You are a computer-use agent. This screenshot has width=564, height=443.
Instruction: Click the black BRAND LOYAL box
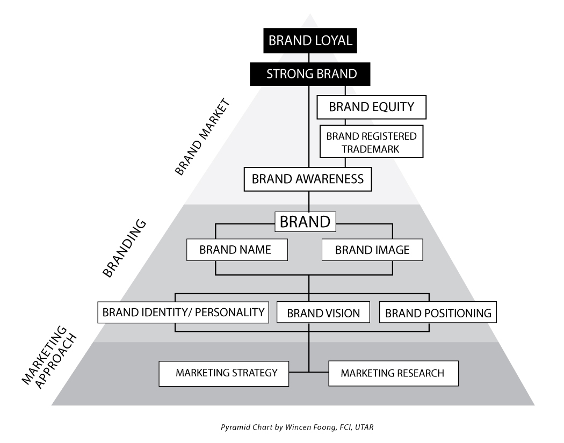(x=310, y=41)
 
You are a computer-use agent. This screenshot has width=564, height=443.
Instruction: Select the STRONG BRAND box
(x=311, y=74)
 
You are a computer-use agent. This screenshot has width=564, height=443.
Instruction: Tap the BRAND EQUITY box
(x=372, y=107)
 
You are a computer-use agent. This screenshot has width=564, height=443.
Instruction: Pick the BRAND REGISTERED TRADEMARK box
(x=371, y=142)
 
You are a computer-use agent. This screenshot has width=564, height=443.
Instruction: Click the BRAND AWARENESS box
(x=308, y=179)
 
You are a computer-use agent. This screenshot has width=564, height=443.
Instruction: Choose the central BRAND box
(x=305, y=221)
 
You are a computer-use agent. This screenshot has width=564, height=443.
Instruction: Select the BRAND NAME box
(x=235, y=250)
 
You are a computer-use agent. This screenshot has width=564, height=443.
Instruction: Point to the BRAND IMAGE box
(x=372, y=250)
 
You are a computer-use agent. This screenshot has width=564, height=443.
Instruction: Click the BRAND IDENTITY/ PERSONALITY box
(x=183, y=312)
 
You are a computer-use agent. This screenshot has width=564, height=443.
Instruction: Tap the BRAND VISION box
(x=323, y=313)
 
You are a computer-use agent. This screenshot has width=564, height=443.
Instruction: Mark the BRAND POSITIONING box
(x=438, y=313)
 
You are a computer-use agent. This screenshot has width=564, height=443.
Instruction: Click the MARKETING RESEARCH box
(x=393, y=373)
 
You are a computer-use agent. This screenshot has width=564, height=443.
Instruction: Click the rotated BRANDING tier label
(x=124, y=247)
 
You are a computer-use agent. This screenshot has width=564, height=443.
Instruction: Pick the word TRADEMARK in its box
(x=371, y=149)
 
